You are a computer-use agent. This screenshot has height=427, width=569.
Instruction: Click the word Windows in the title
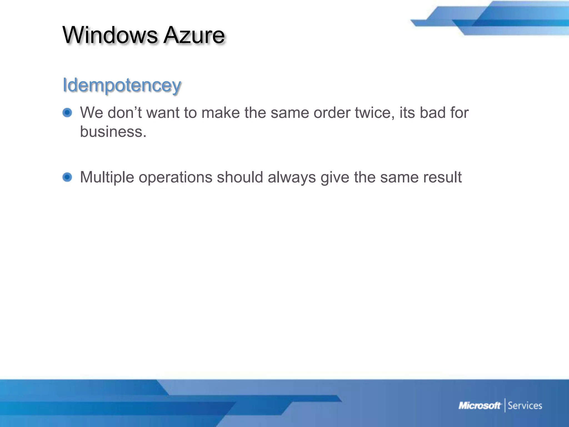110,35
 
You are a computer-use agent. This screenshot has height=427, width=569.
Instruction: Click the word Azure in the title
194,35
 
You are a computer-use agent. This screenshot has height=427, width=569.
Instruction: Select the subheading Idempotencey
122,85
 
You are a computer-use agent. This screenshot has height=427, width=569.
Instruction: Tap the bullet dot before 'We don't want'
67,113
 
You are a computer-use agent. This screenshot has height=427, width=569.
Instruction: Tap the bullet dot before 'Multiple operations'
67,177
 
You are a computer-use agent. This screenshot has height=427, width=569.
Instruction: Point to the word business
113,131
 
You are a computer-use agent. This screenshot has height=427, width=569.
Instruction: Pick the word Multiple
107,177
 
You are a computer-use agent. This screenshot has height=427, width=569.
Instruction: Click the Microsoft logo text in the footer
480,406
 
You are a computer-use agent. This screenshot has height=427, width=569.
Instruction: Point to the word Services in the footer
525,406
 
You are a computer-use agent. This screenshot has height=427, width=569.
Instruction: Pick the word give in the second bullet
335,177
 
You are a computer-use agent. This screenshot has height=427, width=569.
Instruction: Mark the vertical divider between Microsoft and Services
505,405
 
